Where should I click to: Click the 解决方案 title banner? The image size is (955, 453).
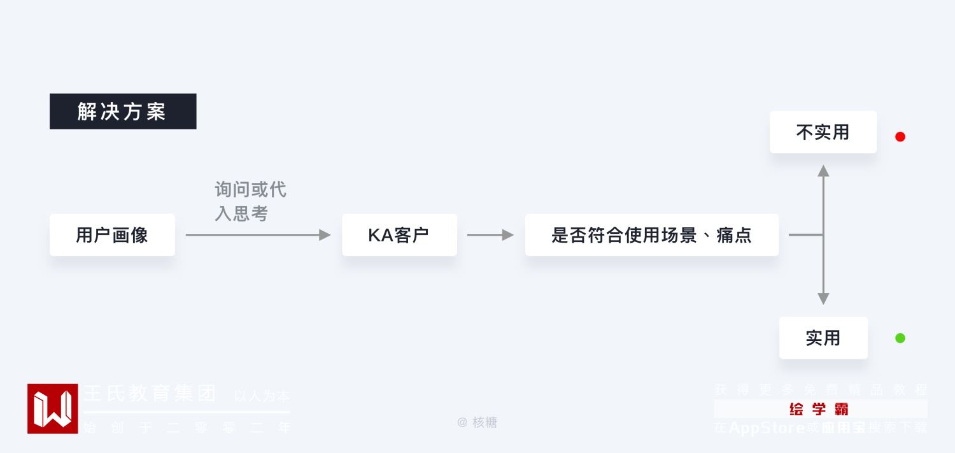click(x=123, y=111)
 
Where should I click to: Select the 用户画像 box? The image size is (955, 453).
click(x=112, y=235)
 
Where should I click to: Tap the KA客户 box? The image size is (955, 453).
click(x=399, y=235)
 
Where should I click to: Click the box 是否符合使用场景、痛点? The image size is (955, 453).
click(x=651, y=235)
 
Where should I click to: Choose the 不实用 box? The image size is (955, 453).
click(x=823, y=132)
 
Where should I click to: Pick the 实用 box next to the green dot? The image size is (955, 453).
click(x=823, y=338)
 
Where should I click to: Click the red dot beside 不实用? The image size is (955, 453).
click(x=900, y=136)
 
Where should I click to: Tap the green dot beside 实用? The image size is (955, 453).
click(x=900, y=338)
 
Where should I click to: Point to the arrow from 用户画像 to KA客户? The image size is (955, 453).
click(x=258, y=235)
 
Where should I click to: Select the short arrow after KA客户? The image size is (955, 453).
click(x=490, y=235)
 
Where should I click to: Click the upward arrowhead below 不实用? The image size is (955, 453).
click(x=823, y=171)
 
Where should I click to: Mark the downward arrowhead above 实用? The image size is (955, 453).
click(x=823, y=298)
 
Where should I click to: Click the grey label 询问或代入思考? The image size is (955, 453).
click(x=250, y=201)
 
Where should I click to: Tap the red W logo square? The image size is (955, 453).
click(x=53, y=408)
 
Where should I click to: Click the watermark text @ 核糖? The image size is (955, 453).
click(x=478, y=422)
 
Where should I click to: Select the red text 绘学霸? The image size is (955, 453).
click(x=819, y=409)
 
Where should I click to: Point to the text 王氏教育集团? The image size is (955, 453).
click(x=150, y=393)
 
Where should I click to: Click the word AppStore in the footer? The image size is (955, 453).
click(x=767, y=428)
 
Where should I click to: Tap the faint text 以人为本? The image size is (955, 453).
click(x=262, y=396)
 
